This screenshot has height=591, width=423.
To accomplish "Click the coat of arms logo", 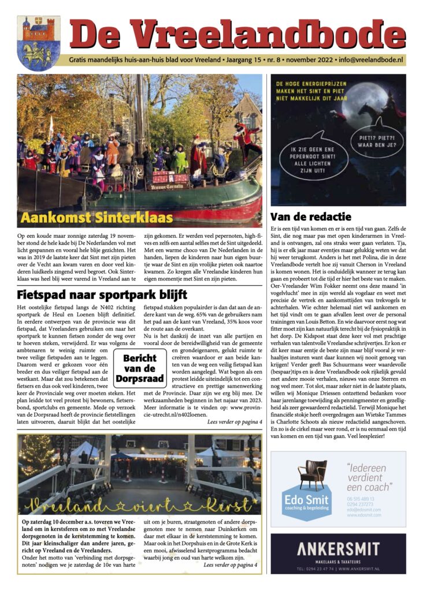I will pos(39,43).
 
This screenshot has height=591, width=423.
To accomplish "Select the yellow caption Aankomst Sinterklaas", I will pos(97,218).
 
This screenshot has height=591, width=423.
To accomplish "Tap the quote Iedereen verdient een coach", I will pos(370,477).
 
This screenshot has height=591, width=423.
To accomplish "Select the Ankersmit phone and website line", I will pos(338,568).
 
